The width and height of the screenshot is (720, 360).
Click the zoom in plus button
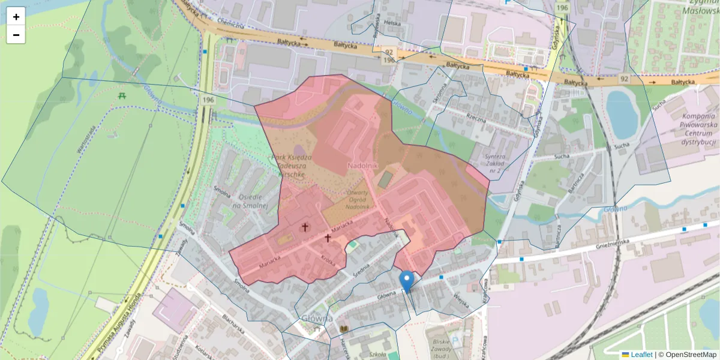tap(16, 17)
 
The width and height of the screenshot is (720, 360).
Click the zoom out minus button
tap(16, 35)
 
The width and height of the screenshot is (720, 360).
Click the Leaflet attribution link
tap(641, 355)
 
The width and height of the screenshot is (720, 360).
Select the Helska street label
tap(392, 23)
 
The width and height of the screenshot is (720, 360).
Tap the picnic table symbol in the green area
tap(122, 95)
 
